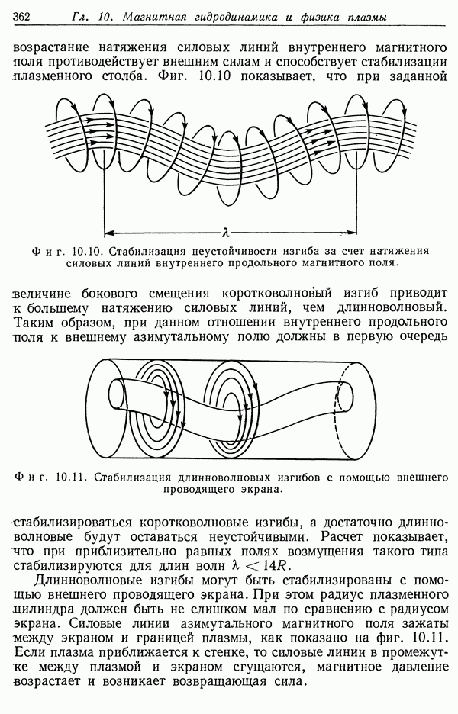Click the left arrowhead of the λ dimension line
pyautogui.click(x=108, y=227)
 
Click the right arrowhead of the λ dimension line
pyautogui.click(x=352, y=227)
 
